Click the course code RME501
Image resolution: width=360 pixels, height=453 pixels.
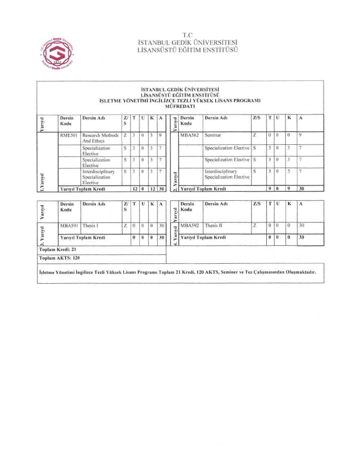(69, 135)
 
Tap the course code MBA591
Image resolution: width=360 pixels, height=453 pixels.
(69, 226)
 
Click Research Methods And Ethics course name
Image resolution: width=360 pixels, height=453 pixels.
(100, 138)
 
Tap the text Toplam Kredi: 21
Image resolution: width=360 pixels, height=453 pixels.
(58, 249)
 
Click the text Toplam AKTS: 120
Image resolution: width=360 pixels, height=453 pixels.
(59, 258)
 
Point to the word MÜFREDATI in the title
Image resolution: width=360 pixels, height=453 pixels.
(180, 106)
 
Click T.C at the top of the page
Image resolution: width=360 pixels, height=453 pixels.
(187, 35)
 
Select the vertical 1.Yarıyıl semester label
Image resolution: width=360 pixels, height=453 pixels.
(42, 182)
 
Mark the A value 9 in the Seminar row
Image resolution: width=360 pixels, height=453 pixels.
(300, 135)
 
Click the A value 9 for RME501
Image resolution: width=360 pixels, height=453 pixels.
(160, 135)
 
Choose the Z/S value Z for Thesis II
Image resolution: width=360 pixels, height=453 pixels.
(254, 226)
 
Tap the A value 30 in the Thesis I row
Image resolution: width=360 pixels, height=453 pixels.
(161, 226)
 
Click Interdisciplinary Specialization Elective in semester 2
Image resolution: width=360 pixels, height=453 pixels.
(227, 174)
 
